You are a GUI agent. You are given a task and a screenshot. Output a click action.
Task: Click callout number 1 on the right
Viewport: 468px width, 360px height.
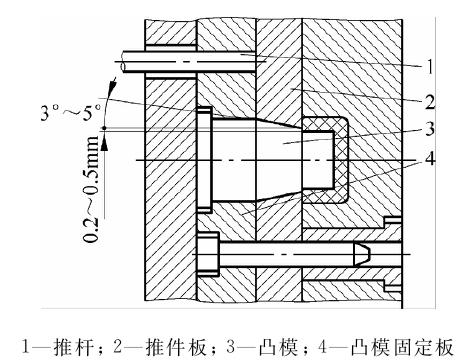click(x=430, y=67)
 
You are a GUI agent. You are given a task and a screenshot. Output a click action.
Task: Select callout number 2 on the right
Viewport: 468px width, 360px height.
click(x=430, y=102)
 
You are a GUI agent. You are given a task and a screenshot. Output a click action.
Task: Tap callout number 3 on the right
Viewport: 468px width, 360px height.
click(x=430, y=129)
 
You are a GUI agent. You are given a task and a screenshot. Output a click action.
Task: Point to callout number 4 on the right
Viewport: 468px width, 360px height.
click(x=430, y=158)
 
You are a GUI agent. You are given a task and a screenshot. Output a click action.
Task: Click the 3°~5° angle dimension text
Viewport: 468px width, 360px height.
click(x=70, y=113)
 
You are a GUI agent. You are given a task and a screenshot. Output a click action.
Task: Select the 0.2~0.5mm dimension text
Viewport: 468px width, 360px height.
click(x=91, y=189)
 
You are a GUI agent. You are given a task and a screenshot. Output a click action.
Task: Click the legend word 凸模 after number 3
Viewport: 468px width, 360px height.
click(x=279, y=347)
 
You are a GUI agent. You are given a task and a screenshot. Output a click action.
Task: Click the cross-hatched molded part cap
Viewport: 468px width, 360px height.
click(x=341, y=160)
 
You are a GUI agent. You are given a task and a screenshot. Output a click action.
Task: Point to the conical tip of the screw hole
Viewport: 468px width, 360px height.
click(x=362, y=255)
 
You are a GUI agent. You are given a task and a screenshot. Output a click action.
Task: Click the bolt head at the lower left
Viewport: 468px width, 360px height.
click(x=208, y=255)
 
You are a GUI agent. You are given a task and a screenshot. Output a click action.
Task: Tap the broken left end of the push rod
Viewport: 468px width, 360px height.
click(x=123, y=61)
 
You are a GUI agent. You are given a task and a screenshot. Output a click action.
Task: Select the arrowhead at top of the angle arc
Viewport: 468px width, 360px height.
click(x=113, y=84)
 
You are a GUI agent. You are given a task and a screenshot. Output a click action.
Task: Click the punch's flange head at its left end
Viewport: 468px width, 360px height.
click(x=204, y=160)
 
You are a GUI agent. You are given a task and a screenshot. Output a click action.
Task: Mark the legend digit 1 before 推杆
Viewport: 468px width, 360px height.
click(x=26, y=347)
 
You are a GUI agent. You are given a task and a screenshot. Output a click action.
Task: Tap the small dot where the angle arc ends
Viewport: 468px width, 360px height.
click(x=104, y=128)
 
